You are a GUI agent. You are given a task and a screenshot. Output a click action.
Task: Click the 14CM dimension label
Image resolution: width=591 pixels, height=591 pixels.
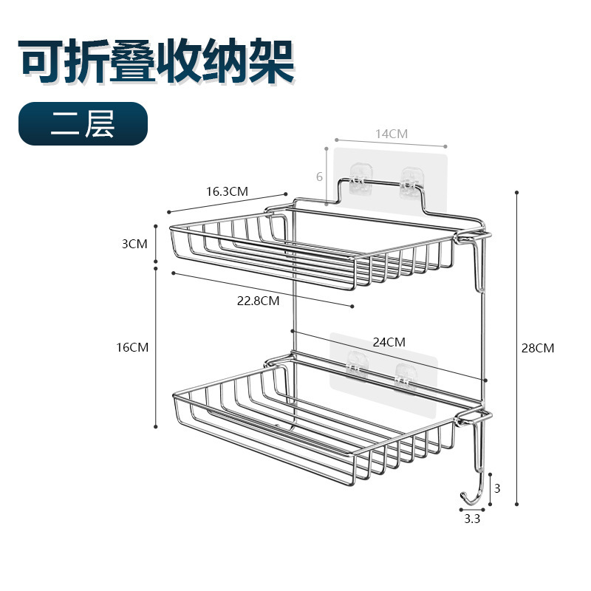click(391, 134)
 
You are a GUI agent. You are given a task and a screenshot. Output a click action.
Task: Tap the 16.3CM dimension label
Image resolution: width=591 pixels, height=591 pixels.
click(227, 191)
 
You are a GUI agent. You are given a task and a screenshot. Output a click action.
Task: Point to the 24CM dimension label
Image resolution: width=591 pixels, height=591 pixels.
click(389, 342)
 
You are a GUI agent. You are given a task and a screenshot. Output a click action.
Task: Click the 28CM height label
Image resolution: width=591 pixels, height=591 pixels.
click(537, 348)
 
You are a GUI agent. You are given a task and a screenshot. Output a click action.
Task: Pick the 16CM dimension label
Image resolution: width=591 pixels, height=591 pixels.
click(133, 346)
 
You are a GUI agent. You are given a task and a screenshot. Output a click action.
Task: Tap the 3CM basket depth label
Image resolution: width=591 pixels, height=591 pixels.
click(135, 243)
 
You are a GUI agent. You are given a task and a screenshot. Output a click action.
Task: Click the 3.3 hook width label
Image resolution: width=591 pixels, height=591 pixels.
click(472, 519)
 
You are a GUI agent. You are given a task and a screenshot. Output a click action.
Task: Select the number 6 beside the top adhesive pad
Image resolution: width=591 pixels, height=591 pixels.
click(319, 177)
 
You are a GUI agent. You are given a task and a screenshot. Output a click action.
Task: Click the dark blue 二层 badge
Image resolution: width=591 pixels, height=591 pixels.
click(83, 123)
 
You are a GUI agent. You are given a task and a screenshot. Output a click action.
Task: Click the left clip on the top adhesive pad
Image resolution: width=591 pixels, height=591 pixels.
click(359, 182)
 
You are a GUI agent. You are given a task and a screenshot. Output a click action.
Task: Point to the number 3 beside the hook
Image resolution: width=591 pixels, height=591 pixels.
click(496, 488)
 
